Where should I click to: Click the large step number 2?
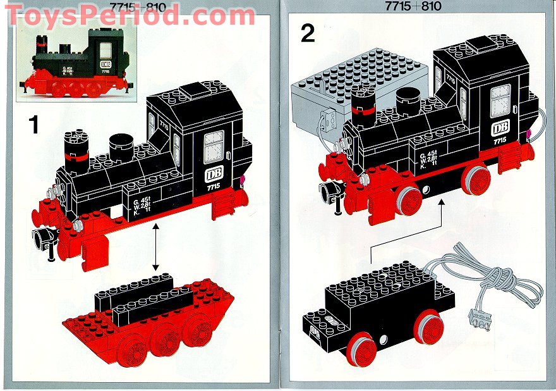click(x=308, y=32)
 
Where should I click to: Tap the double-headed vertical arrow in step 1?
click(x=155, y=248)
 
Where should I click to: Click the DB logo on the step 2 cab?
click(x=500, y=128)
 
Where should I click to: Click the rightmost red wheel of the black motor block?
click(x=428, y=326)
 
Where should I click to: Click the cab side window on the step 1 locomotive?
click(x=214, y=147)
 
